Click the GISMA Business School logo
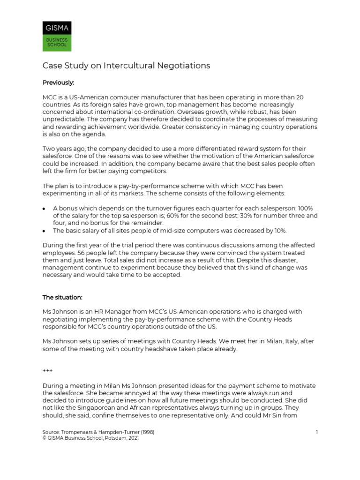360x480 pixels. (x=57, y=36)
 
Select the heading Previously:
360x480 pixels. (x=58, y=82)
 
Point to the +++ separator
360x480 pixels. (x=47, y=371)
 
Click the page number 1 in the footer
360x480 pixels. (x=317, y=432)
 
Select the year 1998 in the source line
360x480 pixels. (x=145, y=432)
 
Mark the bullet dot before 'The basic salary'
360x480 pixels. (x=44, y=231)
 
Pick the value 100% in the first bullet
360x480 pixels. (x=306, y=208)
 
